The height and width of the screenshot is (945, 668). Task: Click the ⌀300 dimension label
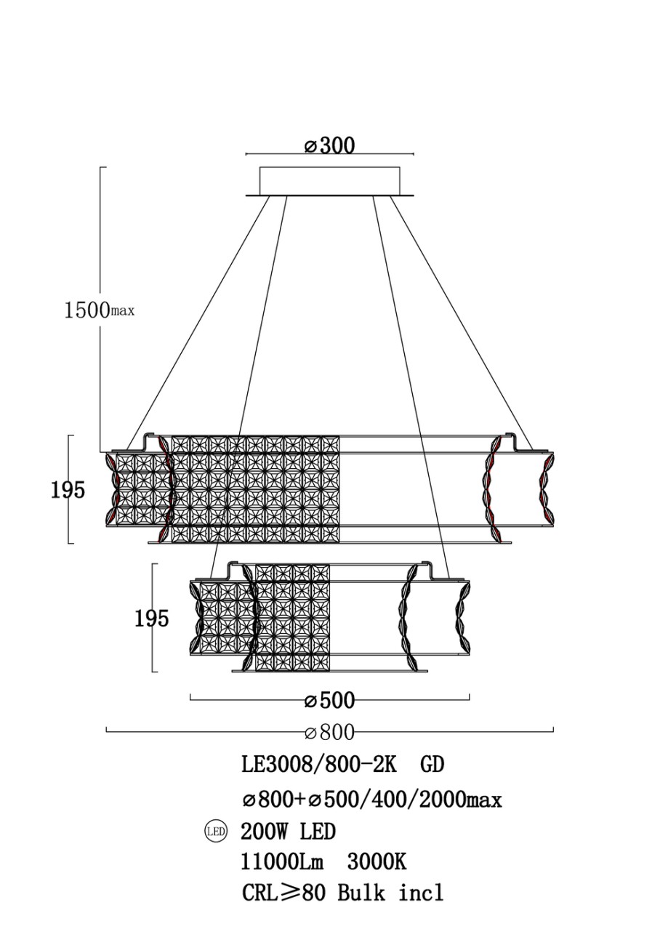pyautogui.click(x=329, y=145)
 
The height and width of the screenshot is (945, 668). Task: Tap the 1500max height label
pyautogui.click(x=99, y=310)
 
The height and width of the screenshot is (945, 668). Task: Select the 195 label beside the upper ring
pyautogui.click(x=68, y=491)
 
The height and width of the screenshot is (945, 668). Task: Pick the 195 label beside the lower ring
pyautogui.click(x=151, y=619)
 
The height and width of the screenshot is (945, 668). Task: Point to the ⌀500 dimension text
pyautogui.click(x=329, y=701)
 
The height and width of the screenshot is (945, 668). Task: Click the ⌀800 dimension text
pyautogui.click(x=329, y=731)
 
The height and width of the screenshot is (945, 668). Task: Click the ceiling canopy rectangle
pyautogui.click(x=329, y=181)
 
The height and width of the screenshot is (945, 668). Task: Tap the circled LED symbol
pyautogui.click(x=216, y=830)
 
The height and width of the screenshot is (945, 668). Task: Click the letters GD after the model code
pyautogui.click(x=432, y=765)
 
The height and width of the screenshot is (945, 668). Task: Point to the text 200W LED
pyautogui.click(x=288, y=831)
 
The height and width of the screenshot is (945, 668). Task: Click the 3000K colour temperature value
pyautogui.click(x=376, y=862)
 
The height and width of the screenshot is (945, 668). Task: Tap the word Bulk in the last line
pyautogui.click(x=361, y=893)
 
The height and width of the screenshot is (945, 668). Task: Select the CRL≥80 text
pyautogui.click(x=283, y=893)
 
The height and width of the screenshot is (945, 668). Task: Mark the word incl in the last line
pyautogui.click(x=421, y=893)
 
